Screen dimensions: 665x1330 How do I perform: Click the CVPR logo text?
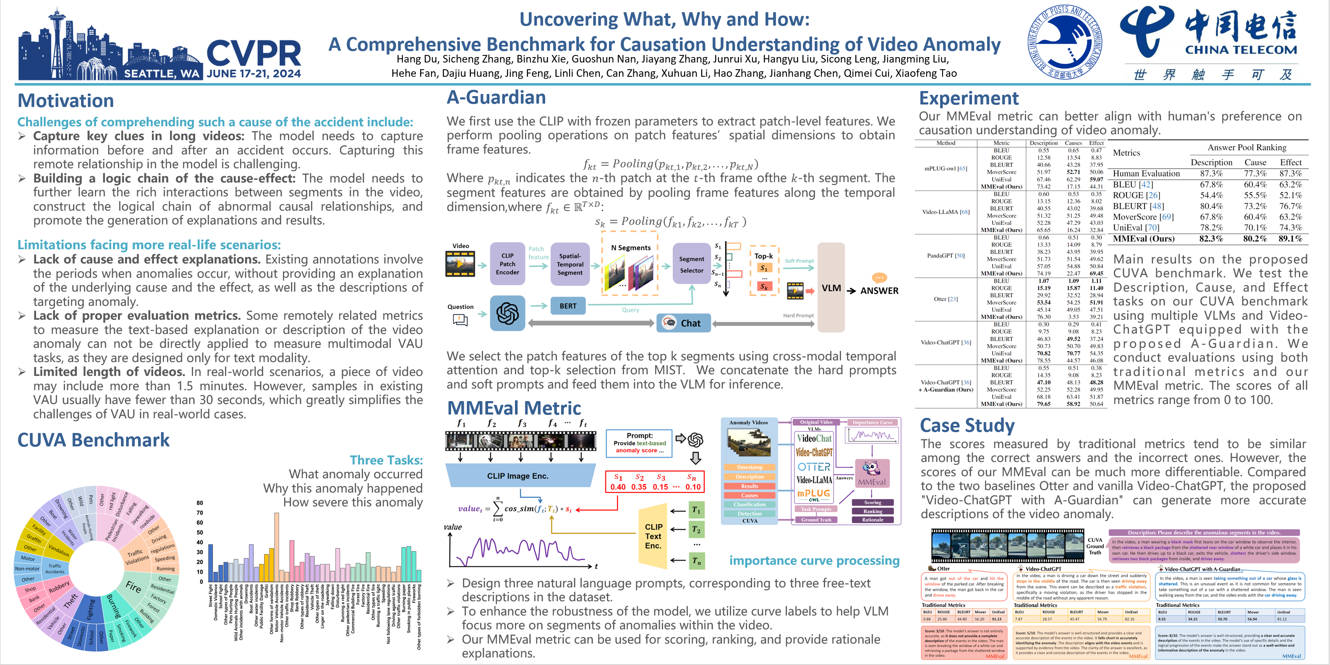coord(253,53)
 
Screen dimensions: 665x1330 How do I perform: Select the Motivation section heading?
coord(65,101)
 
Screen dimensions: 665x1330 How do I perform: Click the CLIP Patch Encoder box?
coord(507,264)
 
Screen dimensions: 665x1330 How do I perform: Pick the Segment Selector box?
coord(691,264)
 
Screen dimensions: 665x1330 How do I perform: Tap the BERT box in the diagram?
coord(568,306)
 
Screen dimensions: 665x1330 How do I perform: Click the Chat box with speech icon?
coord(683,323)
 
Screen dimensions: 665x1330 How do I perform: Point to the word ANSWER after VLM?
coord(879,291)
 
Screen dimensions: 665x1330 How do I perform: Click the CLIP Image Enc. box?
coord(517,475)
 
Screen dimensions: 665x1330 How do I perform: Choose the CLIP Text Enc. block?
coord(653,535)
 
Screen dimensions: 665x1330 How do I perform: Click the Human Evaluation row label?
coord(1146,173)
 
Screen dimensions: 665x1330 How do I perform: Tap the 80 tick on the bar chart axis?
coord(200,502)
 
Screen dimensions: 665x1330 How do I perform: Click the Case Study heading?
coord(967,425)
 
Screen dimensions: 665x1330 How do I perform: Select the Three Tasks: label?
coord(386,460)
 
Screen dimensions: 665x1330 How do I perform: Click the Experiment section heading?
coord(969,98)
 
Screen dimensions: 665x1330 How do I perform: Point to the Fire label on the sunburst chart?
coord(133,587)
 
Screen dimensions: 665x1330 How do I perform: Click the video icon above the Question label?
coord(460,263)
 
